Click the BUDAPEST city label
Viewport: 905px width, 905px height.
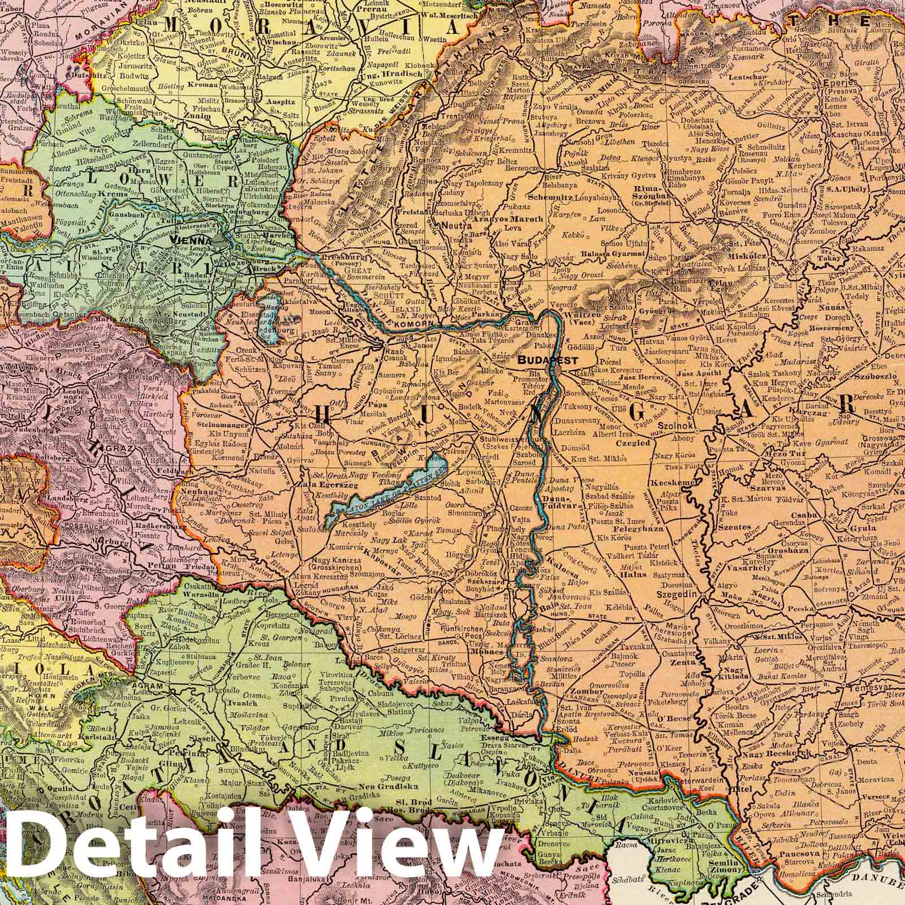(x=548, y=360)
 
